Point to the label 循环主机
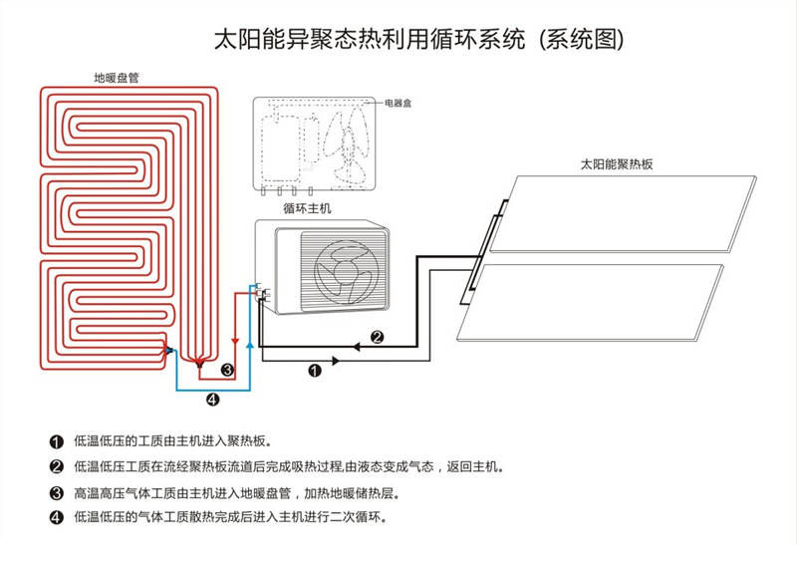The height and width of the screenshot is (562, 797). (307, 208)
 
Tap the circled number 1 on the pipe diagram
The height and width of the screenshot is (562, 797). (315, 371)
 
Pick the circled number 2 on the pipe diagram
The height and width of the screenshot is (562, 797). (378, 337)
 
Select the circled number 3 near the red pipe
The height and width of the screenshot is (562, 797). (227, 371)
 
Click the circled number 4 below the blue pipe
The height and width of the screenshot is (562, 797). (211, 401)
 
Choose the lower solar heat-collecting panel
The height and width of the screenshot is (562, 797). (598, 299)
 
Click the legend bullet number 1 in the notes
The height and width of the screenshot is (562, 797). (56, 440)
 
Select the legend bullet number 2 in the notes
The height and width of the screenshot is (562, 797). (56, 466)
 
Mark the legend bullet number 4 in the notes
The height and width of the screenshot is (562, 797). (56, 518)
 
